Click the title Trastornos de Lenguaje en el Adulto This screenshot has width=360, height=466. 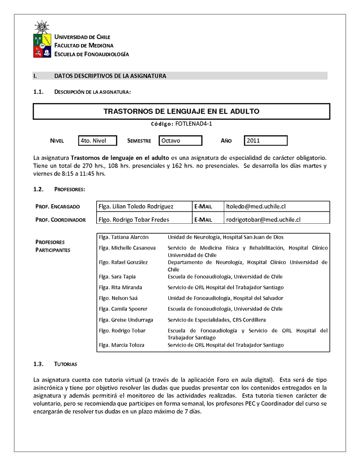181,111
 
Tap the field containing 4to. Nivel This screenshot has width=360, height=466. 97,140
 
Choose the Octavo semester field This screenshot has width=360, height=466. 180,140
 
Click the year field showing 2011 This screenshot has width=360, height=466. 265,140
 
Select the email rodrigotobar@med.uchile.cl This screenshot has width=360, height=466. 263,219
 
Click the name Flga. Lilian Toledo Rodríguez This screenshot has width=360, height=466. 135,206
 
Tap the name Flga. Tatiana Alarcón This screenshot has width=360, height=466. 123,237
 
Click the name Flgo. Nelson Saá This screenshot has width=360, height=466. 118,298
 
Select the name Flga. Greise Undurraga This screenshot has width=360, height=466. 126,320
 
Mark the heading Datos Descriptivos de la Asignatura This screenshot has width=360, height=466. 110,76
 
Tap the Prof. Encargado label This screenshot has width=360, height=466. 58,207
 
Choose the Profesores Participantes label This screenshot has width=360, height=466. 53,246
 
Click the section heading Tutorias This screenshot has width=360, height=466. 66,364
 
